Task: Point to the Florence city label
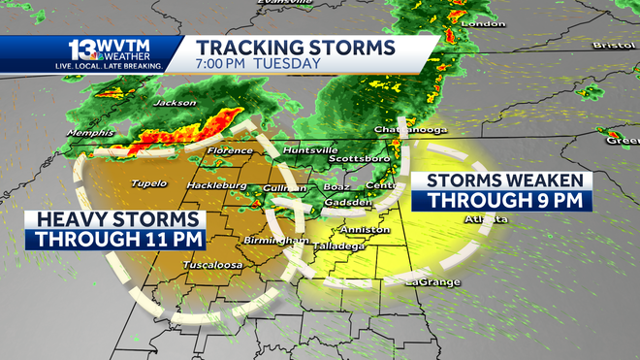click(232, 151)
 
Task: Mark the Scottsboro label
click(359, 158)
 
